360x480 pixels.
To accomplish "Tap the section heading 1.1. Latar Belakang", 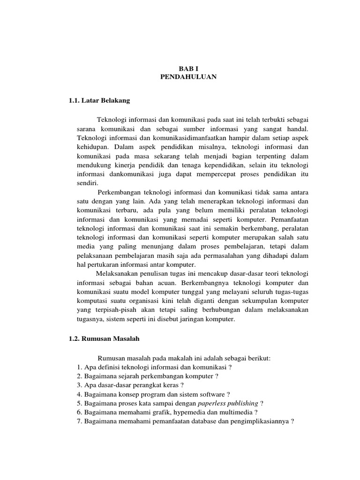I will pyautogui.click(x=99, y=100).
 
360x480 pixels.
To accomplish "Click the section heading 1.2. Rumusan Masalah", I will pyautogui.click(x=101, y=337).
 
